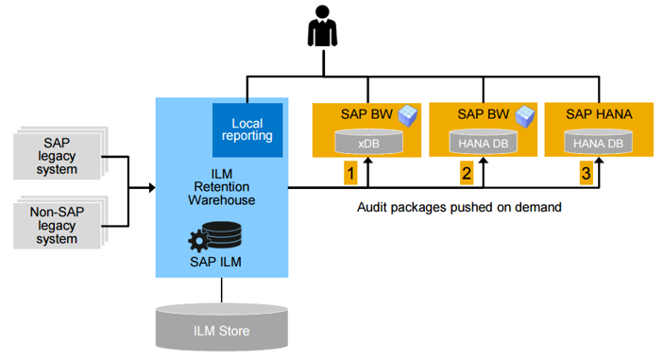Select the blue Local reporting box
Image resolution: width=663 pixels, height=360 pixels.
pyautogui.click(x=246, y=129)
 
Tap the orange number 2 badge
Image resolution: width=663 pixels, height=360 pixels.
pyautogui.click(x=466, y=174)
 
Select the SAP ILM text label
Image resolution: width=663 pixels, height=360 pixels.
pyautogui.click(x=220, y=261)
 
